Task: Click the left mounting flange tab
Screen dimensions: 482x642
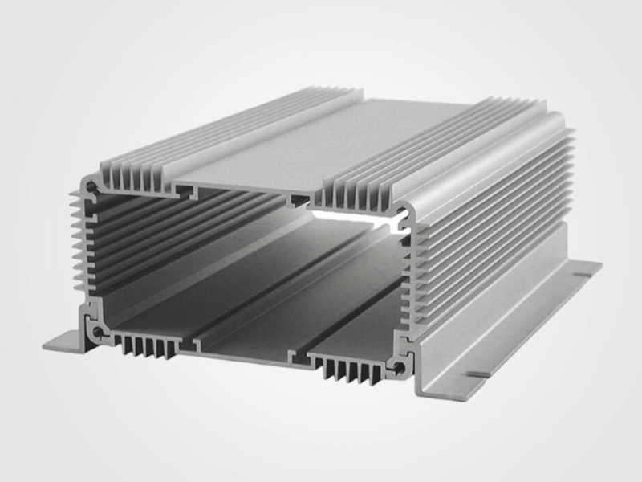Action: click(63, 342)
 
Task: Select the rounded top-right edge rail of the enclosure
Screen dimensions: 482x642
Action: click(481, 153)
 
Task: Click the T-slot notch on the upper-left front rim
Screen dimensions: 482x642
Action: click(187, 193)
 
